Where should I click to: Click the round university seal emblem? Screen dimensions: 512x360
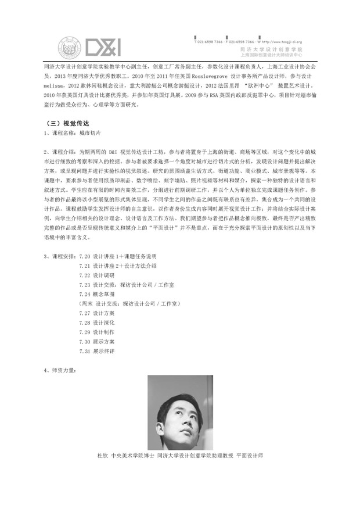tap(70, 47)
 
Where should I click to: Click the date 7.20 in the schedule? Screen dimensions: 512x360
tap(85, 256)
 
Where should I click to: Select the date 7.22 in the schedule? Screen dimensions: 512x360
tap(85, 275)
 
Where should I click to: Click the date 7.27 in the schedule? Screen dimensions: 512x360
tap(85, 313)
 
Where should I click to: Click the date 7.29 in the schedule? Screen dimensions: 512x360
tap(85, 332)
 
